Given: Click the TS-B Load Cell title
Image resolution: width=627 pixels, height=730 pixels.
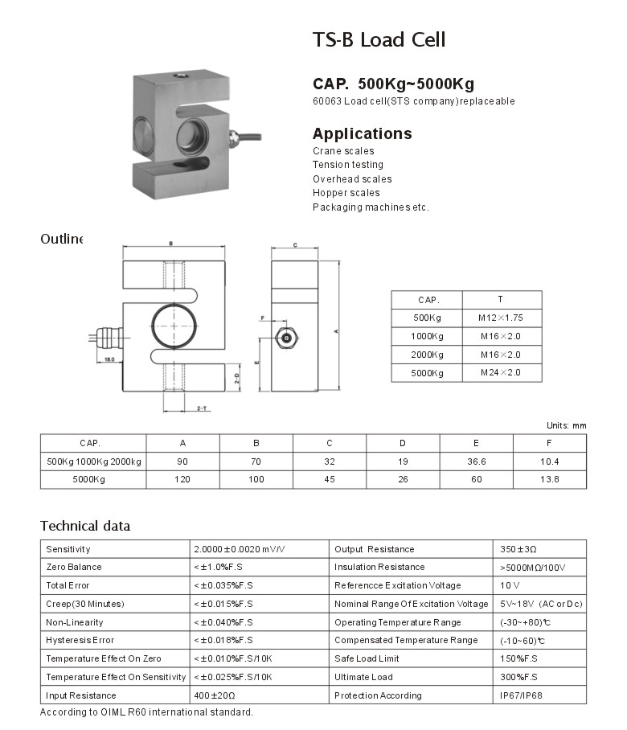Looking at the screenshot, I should pos(378,39).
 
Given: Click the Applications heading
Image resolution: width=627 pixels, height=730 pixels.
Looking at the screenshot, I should pos(362,133).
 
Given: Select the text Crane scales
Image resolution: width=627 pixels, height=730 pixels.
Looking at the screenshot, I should pos(343,151).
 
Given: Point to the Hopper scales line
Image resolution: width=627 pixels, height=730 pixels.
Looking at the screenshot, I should pos(346,193).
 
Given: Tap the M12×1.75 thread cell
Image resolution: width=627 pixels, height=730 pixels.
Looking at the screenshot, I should pos(501,318).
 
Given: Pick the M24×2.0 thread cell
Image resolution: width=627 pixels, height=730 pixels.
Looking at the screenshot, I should pos(501,372).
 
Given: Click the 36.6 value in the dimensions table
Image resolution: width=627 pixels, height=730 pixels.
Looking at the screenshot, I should pos(476,461).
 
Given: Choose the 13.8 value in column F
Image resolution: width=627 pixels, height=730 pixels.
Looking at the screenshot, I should pos(550,480).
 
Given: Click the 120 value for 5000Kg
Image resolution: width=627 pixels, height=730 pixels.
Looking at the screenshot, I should pos(182,480).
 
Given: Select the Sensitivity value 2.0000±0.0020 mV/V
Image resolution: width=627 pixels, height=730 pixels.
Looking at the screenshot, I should pos(240,549).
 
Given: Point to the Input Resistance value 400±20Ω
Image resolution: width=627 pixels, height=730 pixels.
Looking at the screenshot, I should pos(215,695).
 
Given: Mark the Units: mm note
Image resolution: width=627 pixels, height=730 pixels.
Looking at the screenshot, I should pos(567,425).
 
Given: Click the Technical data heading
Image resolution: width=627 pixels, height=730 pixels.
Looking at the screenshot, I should pos(85,527).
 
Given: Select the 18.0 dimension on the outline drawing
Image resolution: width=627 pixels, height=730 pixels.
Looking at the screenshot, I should pos(109,359).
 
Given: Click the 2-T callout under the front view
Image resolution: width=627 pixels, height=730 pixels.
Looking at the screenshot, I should pos(203,409).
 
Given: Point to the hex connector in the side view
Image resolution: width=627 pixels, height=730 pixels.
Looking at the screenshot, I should pos(287,338).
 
